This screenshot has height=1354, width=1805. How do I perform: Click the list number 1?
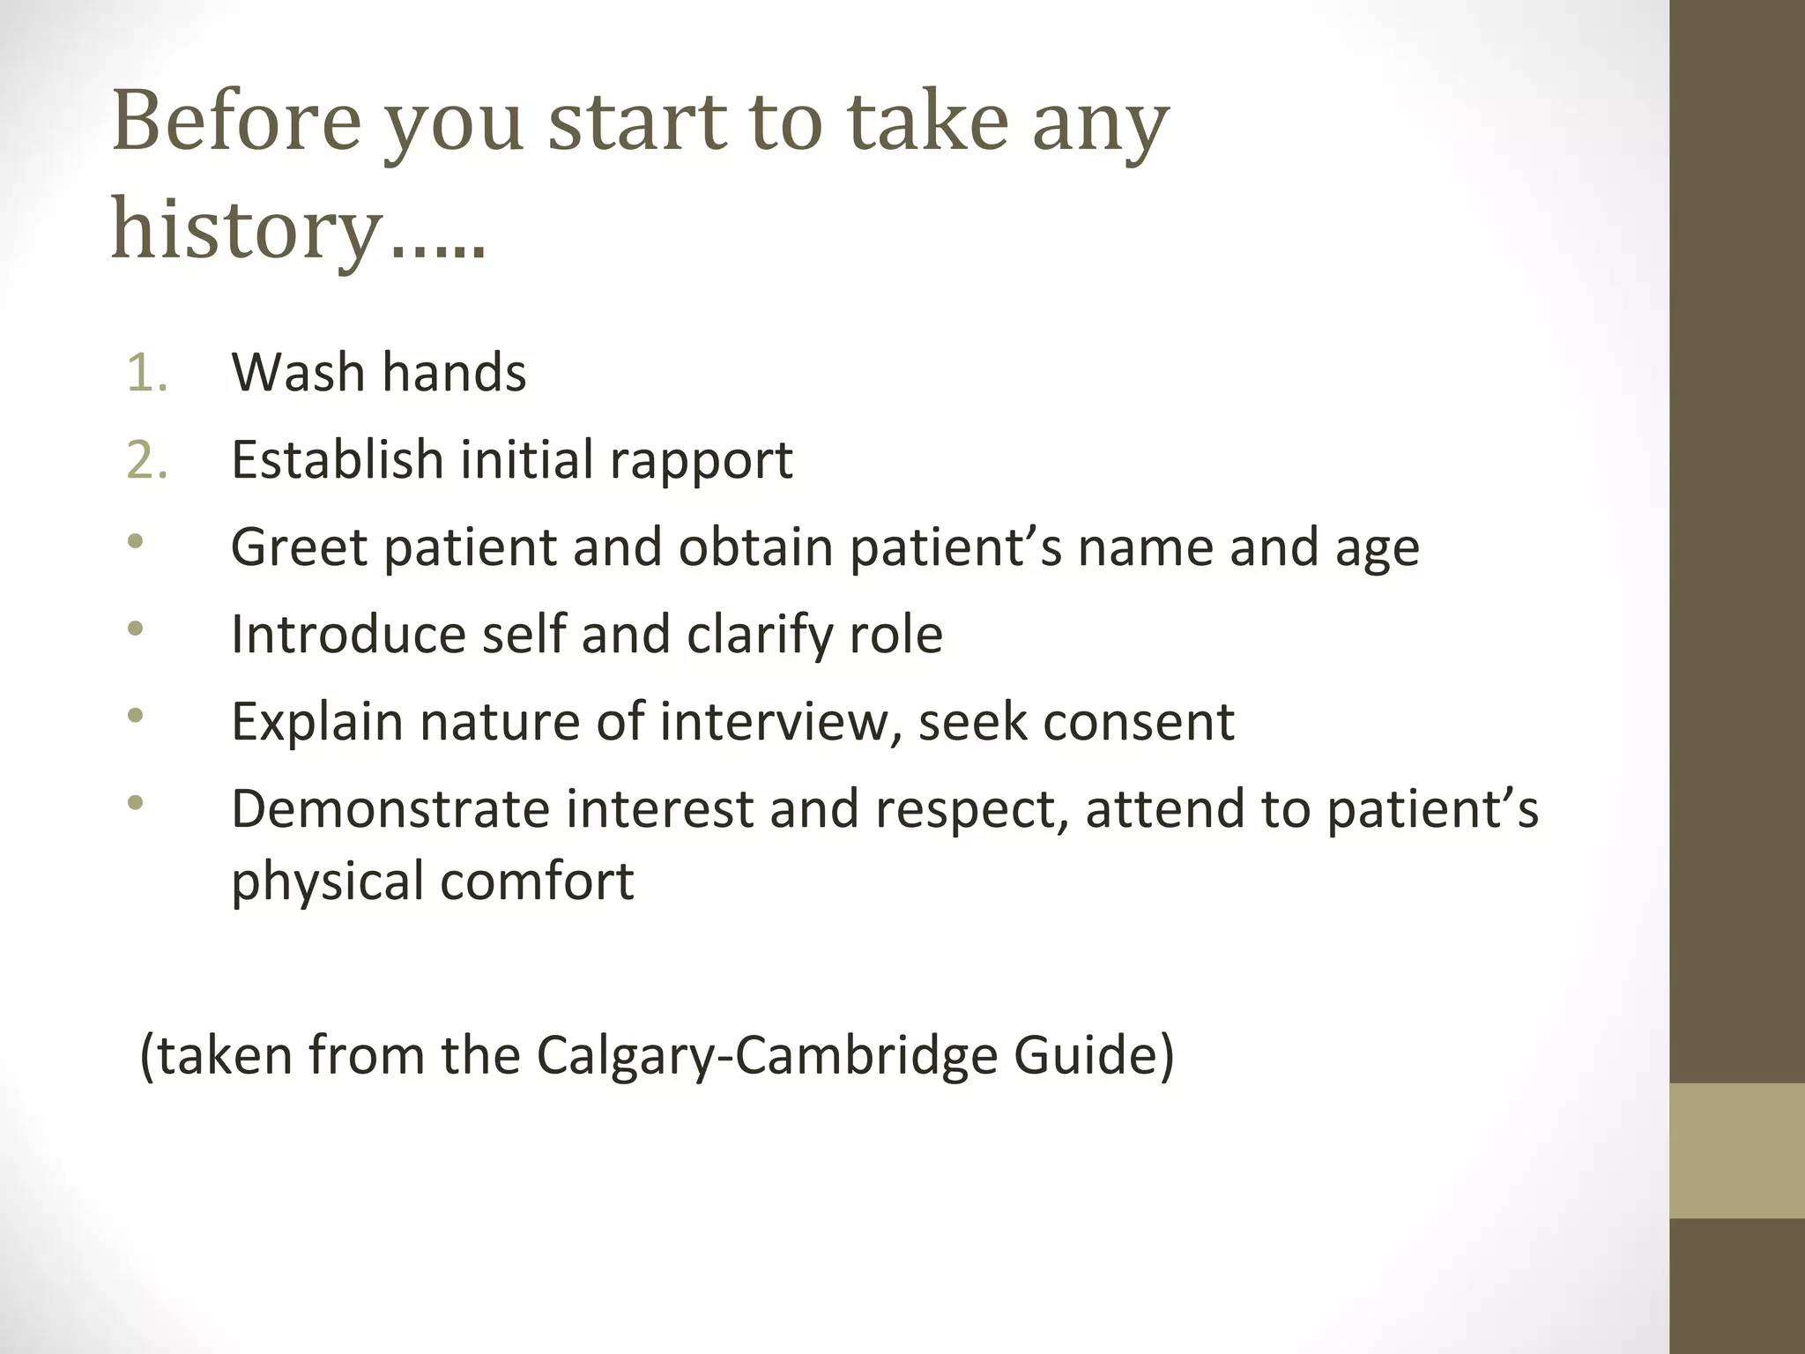[x=146, y=372]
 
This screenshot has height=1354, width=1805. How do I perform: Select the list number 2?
[x=146, y=460]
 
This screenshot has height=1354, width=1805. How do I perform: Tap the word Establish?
[x=337, y=460]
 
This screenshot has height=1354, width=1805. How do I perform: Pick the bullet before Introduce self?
[x=135, y=629]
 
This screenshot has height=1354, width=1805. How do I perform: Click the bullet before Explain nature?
[x=135, y=715]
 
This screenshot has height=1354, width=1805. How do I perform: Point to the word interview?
[x=781, y=722]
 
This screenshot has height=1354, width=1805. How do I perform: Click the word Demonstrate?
[x=390, y=809]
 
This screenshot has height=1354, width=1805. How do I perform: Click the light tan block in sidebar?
[x=1737, y=1150]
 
